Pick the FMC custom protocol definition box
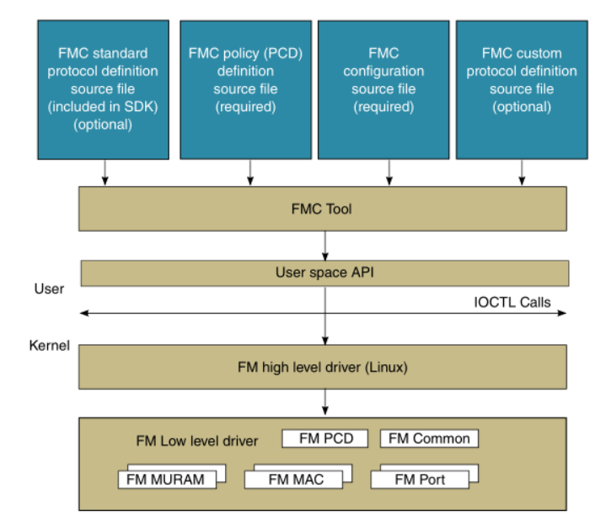pyautogui.click(x=521, y=89)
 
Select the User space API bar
pyautogui.click(x=324, y=272)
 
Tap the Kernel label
pyautogui.click(x=49, y=346)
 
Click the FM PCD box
pyautogui.click(x=324, y=438)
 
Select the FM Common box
pyautogui.click(x=429, y=438)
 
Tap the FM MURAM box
pyautogui.click(x=167, y=480)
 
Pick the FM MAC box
pyautogui.click(x=294, y=480)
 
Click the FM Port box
pyautogui.click(x=421, y=480)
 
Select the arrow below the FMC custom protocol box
pyautogui.click(x=523, y=172)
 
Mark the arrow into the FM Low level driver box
pyautogui.click(x=324, y=402)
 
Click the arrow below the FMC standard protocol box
pyautogui.click(x=105, y=172)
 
